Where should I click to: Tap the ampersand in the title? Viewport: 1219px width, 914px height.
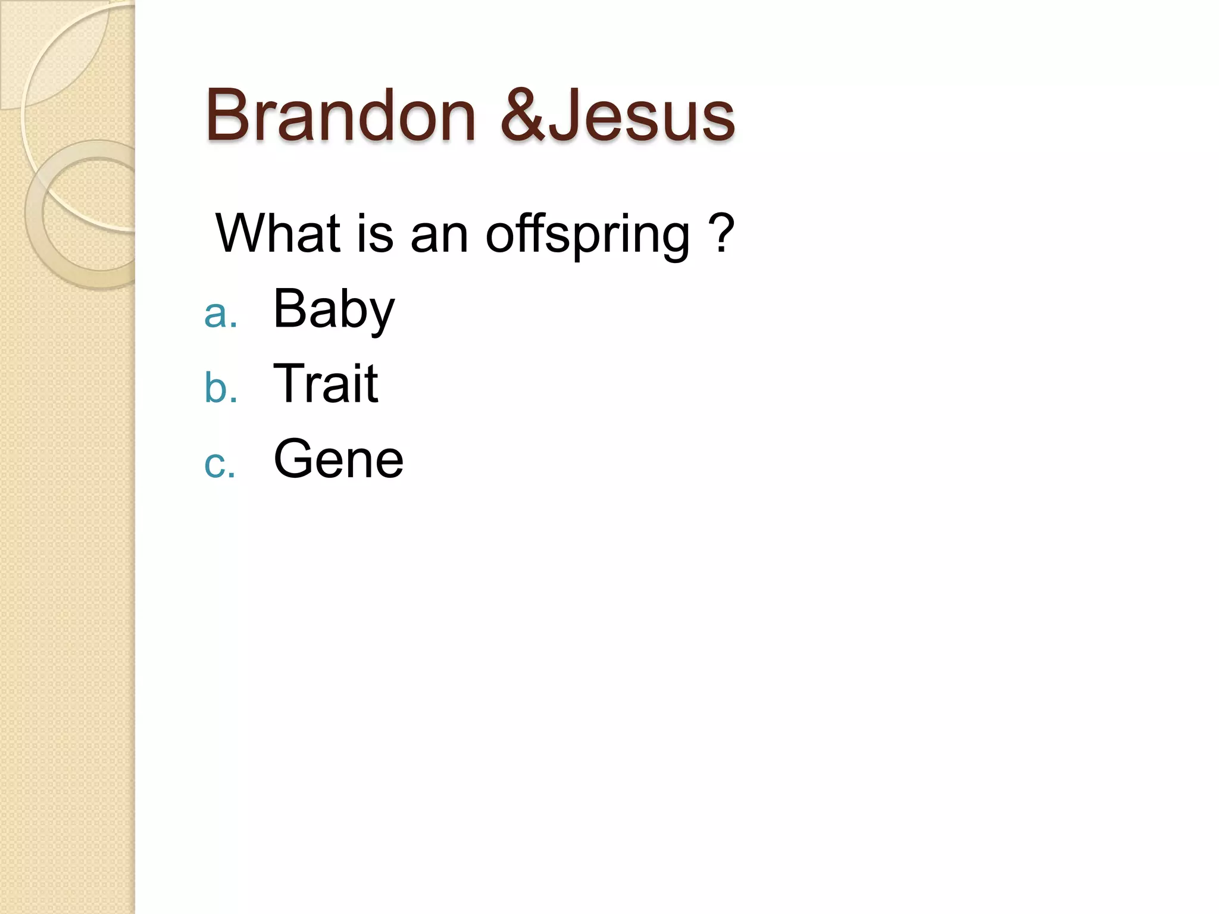[x=523, y=115]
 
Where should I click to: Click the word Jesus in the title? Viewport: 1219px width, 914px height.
[x=640, y=115]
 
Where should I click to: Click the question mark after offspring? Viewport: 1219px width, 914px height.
[x=721, y=233]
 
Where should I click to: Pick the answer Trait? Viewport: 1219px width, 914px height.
[x=326, y=384]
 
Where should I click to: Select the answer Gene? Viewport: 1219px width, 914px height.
[x=338, y=459]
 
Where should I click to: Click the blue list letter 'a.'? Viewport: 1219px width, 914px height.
[x=220, y=314]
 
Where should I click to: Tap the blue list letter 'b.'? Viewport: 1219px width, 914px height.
[x=220, y=388]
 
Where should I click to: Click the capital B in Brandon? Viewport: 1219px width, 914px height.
[x=228, y=115]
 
